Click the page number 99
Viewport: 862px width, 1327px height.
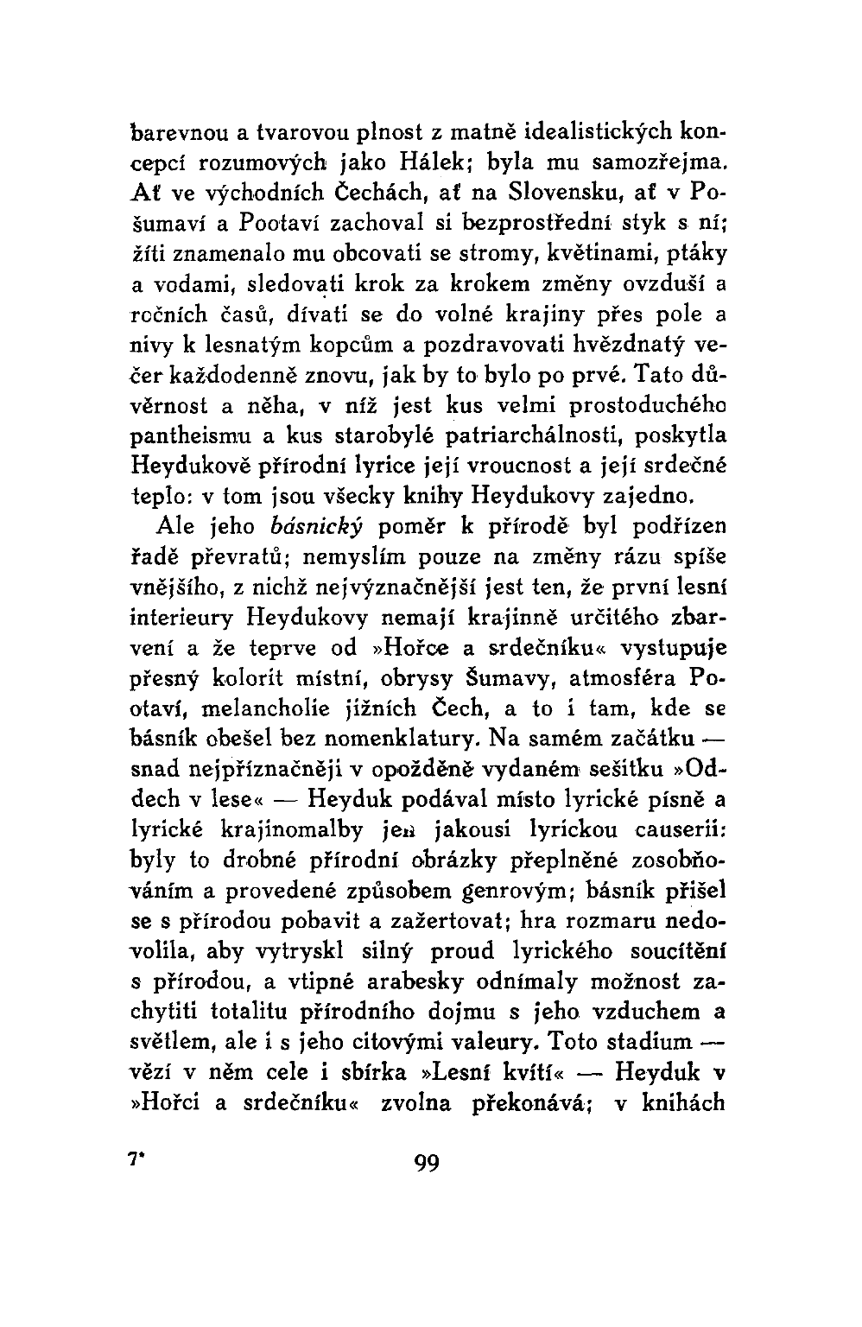tap(427, 1164)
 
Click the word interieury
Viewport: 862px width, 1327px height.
tap(181, 617)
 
